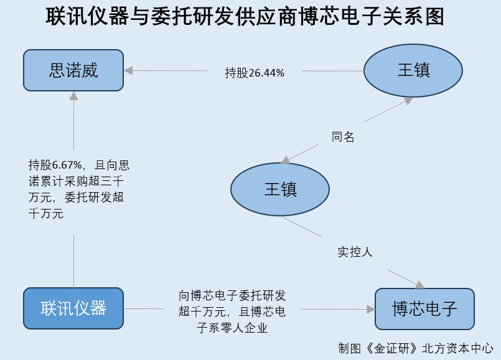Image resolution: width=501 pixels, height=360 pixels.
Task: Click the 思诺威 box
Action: (73, 70)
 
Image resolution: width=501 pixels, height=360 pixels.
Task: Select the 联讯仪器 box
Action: (73, 308)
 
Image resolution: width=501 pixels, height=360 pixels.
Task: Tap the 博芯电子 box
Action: (424, 309)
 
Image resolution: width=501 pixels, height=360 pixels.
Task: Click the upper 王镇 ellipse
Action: (413, 70)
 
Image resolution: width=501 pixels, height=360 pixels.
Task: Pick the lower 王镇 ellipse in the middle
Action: (280, 189)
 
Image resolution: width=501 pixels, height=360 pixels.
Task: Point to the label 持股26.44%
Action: (255, 73)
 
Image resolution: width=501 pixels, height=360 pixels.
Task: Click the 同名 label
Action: (343, 137)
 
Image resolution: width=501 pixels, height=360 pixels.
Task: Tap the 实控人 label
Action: (355, 252)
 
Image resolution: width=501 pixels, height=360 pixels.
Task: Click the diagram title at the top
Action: (245, 17)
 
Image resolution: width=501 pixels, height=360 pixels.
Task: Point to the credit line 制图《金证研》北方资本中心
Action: (415, 348)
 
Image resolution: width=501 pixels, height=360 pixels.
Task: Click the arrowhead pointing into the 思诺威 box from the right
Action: (128, 70)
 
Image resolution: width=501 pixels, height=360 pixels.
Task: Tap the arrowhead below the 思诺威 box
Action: (73, 96)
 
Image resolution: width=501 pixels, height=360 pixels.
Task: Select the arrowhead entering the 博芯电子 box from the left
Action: (370, 309)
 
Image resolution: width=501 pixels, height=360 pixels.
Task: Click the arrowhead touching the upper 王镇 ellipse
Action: (408, 99)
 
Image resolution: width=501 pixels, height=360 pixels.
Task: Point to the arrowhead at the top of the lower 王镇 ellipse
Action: (286, 160)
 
